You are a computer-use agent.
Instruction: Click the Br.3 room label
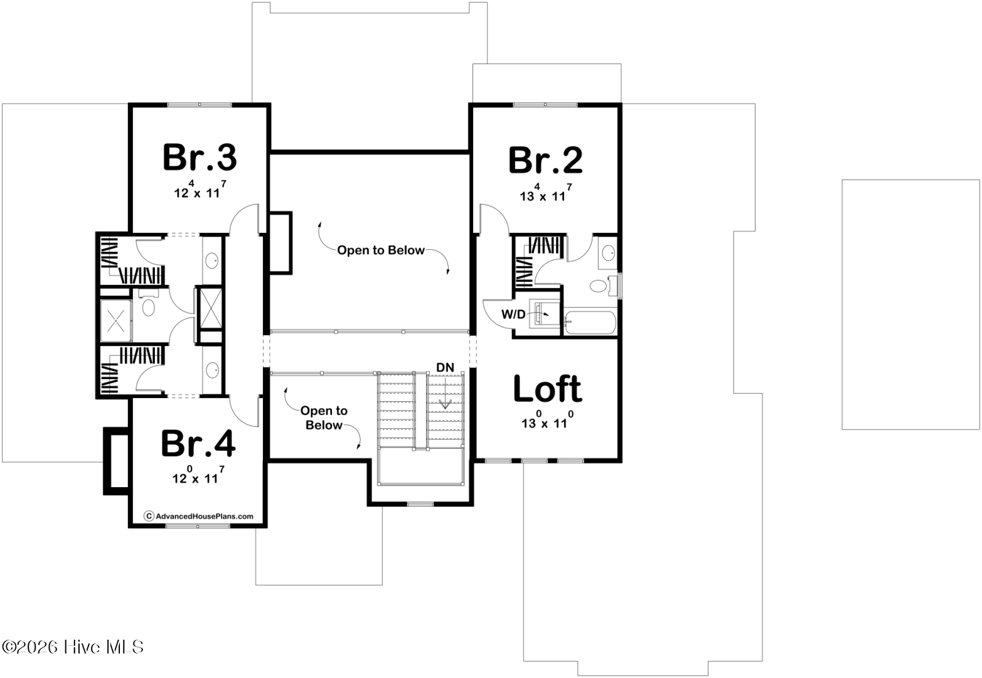pos(200,157)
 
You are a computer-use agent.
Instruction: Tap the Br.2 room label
pos(545,160)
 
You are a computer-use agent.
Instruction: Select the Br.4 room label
pos(198,443)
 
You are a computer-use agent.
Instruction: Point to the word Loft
pos(548,389)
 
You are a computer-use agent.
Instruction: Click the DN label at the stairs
pos(445,367)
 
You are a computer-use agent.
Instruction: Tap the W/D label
pos(513,314)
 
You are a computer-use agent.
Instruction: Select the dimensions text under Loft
pos(547,420)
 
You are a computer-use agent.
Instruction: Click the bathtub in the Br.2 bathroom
pos(590,323)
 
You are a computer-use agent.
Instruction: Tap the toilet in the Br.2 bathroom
pos(604,286)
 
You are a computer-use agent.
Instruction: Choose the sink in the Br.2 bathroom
pos(608,252)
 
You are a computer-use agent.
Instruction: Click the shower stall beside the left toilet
pos(115,321)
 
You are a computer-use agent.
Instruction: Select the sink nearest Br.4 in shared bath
pos(213,370)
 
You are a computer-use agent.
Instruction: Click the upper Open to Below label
pos(380,250)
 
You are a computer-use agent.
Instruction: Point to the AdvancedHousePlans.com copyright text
pos(198,516)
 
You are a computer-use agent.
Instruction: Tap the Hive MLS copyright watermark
pos(73,647)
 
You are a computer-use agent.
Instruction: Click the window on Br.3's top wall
pos(200,105)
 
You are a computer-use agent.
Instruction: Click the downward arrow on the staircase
pos(446,392)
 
